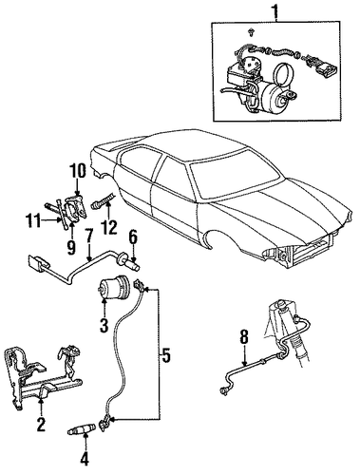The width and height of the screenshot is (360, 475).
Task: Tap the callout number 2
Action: tap(41, 424)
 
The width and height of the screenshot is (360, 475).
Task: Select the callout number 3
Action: tap(104, 325)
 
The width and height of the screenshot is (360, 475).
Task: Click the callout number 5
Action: tap(165, 355)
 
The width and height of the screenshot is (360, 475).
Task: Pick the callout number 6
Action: tap(133, 237)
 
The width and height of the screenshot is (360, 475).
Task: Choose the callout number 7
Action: tap(89, 237)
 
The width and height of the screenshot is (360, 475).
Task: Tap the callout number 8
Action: tap(244, 339)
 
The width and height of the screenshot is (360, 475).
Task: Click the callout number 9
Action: tap(71, 246)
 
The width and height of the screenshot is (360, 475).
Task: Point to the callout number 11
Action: tap(33, 220)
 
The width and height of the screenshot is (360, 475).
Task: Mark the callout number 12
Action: tap(108, 226)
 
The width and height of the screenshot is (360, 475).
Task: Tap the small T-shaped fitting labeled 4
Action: tap(82, 429)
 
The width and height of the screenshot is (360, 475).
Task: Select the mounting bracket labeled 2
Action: tap(43, 377)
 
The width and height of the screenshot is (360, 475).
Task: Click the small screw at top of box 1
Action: tap(252, 31)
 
